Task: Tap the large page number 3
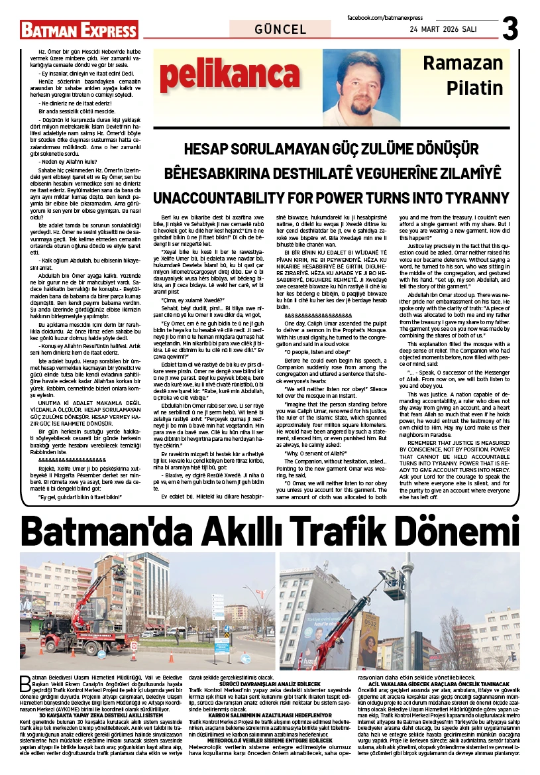510,29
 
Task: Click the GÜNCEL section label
280,30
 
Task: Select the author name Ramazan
463,64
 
